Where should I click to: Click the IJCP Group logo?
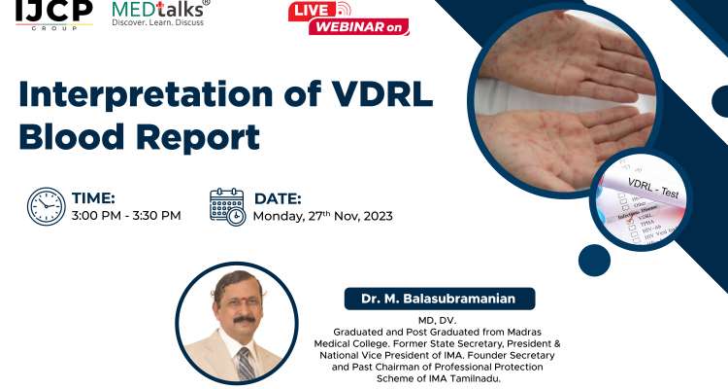(x=53, y=14)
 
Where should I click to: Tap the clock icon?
(x=45, y=207)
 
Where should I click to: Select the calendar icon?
(x=227, y=207)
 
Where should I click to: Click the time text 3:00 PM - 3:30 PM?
(x=126, y=216)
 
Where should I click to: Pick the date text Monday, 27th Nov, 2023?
(x=322, y=216)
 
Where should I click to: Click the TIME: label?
(x=93, y=198)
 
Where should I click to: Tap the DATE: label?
(x=278, y=198)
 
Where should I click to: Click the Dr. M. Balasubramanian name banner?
(x=439, y=299)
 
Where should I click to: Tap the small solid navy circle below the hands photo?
(x=594, y=260)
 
